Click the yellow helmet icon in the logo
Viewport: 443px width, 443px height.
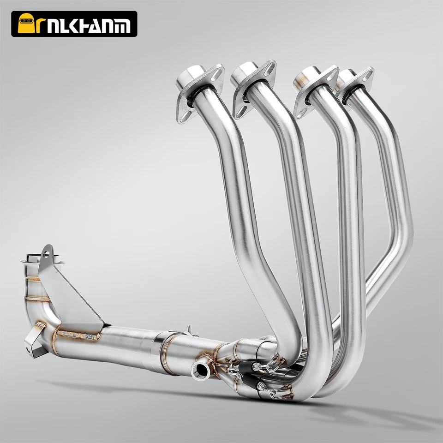[25, 23]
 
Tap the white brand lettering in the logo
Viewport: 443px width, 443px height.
[88, 26]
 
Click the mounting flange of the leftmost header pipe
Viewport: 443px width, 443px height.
[199, 94]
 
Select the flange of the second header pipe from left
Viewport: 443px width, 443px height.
[253, 89]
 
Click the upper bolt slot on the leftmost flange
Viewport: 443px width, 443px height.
[217, 73]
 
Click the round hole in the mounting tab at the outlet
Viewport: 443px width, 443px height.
[47, 254]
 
